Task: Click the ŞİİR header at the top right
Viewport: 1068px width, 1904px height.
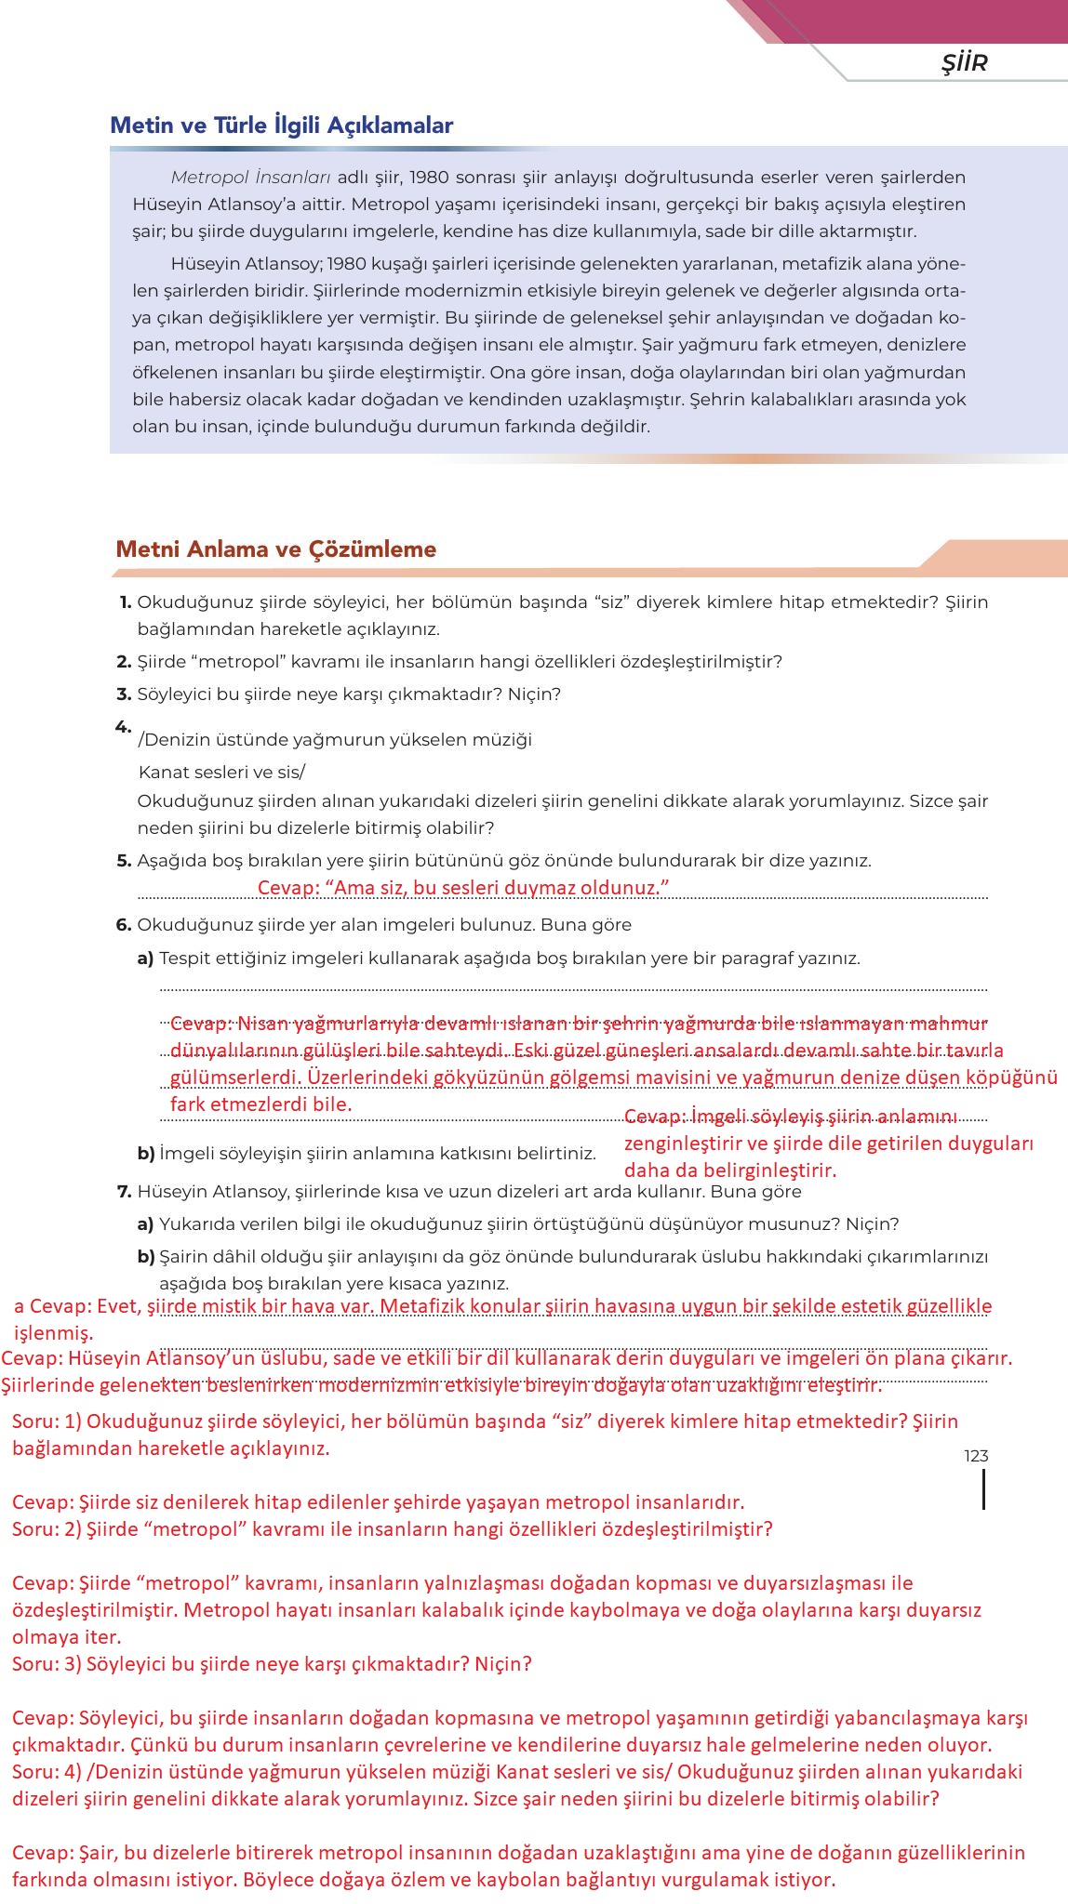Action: pyautogui.click(x=964, y=63)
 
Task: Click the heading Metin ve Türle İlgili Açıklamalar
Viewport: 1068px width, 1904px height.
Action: pyautogui.click(x=281, y=126)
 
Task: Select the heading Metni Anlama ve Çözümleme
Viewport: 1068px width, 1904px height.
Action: pyautogui.click(x=275, y=549)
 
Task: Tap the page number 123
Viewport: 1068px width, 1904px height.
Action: pyautogui.click(x=976, y=1456)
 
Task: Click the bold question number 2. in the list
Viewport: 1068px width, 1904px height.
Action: pyautogui.click(x=124, y=662)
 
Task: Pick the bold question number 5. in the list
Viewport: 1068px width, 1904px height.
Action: pyautogui.click(x=124, y=861)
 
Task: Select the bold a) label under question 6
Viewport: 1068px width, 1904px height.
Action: pyautogui.click(x=145, y=959)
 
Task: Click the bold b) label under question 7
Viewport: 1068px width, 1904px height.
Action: pyautogui.click(x=145, y=1257)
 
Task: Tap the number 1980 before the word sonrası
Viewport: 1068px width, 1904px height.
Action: pyautogui.click(x=428, y=177)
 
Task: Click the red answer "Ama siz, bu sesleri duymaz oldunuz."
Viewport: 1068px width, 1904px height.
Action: pyautogui.click(x=463, y=888)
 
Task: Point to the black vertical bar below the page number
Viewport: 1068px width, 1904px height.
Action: pyautogui.click(x=983, y=1489)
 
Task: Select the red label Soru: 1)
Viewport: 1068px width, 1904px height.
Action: pyautogui.click(x=47, y=1421)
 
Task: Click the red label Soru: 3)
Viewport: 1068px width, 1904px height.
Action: pyautogui.click(x=47, y=1664)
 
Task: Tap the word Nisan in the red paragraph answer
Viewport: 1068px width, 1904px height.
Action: pyautogui.click(x=263, y=1025)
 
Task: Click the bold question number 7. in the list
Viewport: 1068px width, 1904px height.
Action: pyautogui.click(x=124, y=1192)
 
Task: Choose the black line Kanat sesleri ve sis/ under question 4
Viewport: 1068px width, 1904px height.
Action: pyautogui.click(x=221, y=773)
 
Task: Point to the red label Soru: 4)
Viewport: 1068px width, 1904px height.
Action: pyautogui.click(x=47, y=1772)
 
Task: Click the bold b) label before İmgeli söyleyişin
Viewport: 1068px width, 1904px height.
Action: pyautogui.click(x=145, y=1154)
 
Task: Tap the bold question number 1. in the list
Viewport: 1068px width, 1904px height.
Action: pyautogui.click(x=125, y=602)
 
